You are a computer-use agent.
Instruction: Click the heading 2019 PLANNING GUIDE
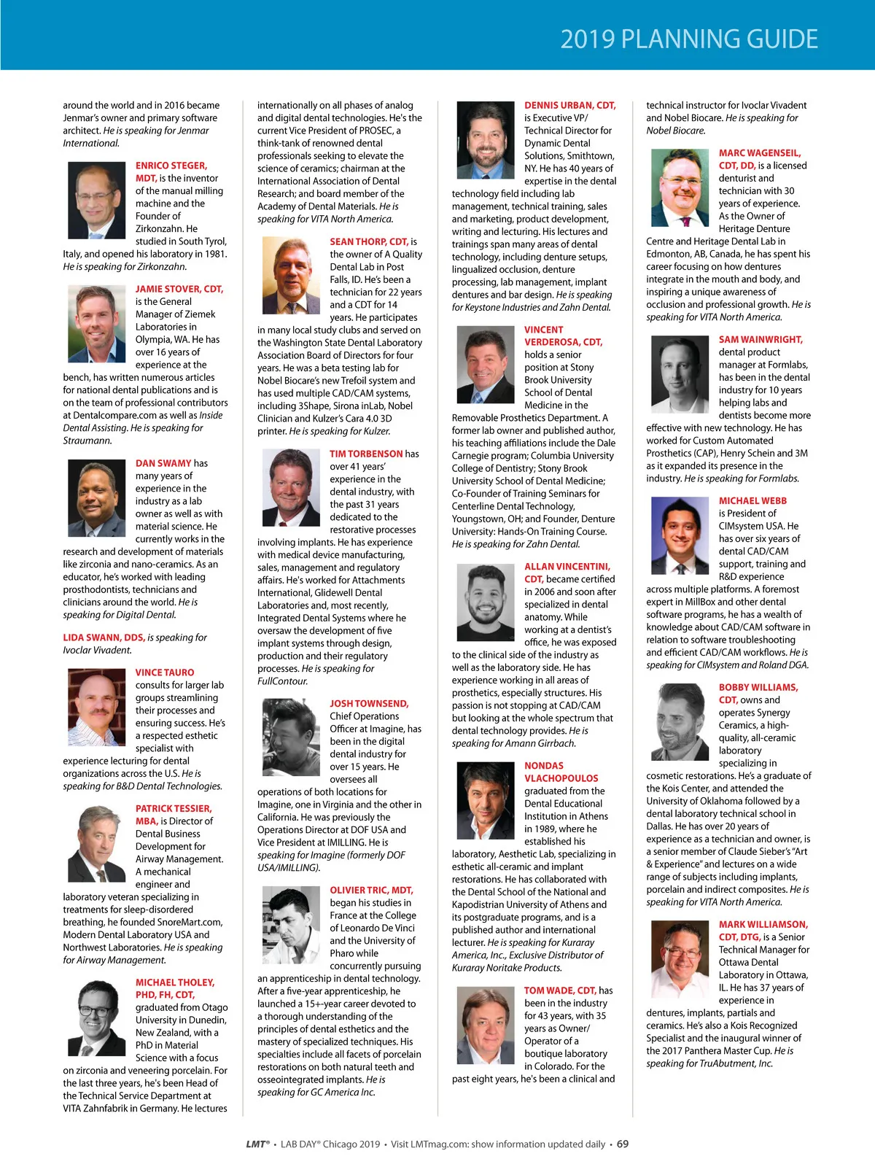tap(689, 39)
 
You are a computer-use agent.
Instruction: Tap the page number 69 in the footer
tap(623, 1144)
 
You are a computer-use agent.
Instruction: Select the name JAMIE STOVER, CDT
tap(179, 289)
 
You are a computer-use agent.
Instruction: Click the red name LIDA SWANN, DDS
tap(104, 637)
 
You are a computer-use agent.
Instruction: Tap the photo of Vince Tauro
tap(97, 706)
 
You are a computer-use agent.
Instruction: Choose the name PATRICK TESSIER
tap(174, 808)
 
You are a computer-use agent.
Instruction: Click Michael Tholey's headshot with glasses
tap(97, 1015)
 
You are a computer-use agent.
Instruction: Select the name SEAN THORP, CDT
tap(368, 241)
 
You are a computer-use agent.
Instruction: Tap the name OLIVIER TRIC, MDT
tap(371, 890)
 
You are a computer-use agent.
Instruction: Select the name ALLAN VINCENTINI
tap(567, 566)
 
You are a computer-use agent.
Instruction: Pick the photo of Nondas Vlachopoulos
tap(486, 799)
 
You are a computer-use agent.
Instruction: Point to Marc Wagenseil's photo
tap(680, 188)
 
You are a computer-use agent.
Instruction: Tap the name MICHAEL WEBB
tap(752, 501)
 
